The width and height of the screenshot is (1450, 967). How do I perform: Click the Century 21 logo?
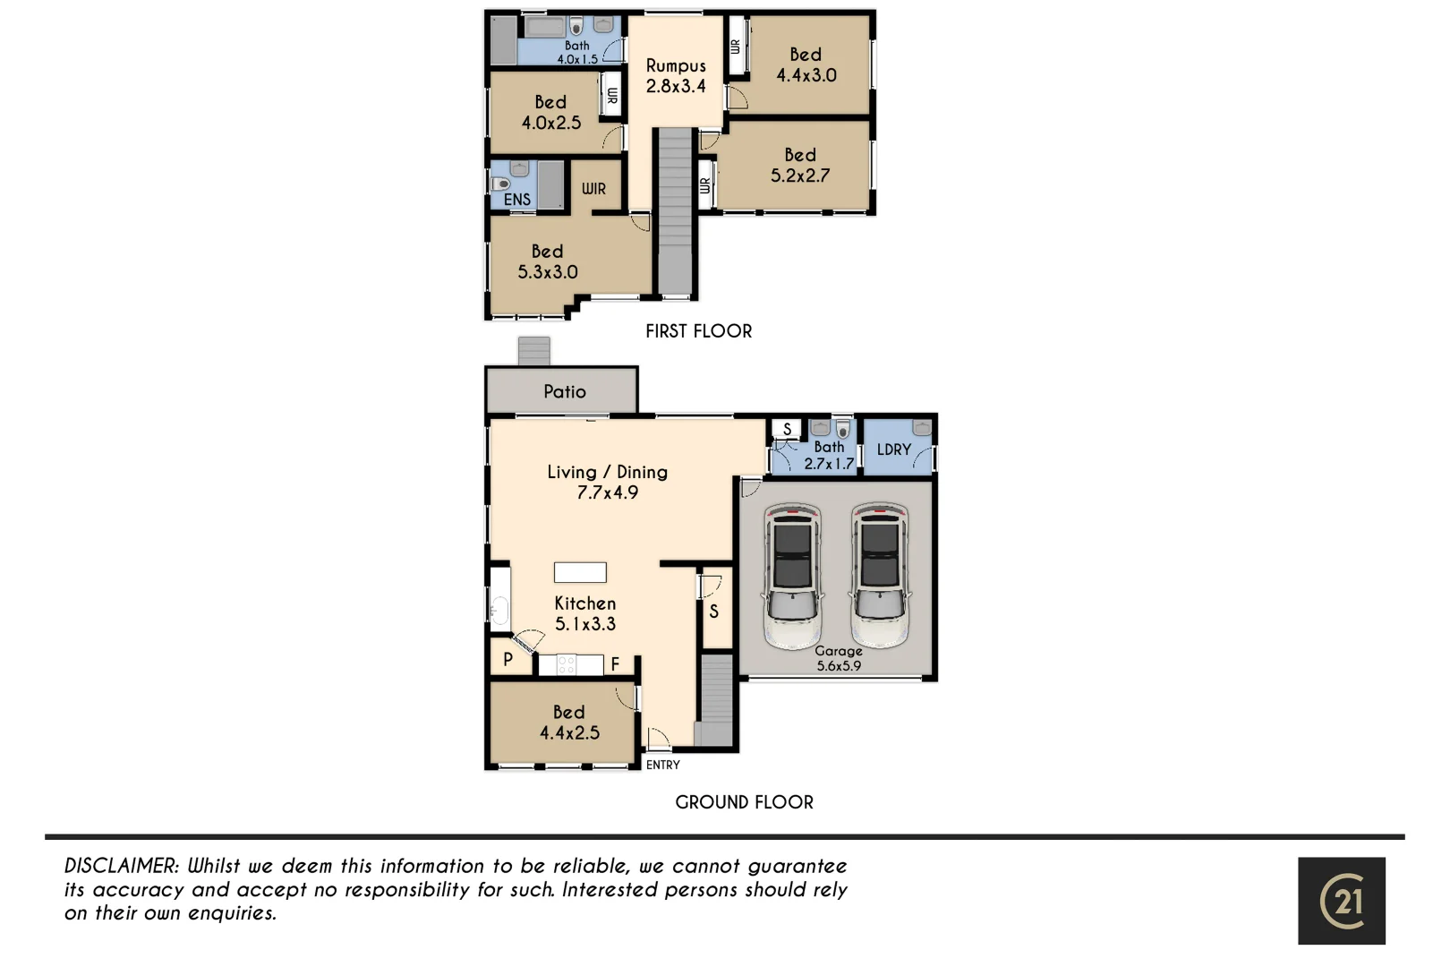point(1341,900)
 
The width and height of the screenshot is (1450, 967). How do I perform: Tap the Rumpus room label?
point(676,76)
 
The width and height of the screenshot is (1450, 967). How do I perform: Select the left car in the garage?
point(793,575)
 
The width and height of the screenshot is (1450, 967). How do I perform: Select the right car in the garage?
point(880,575)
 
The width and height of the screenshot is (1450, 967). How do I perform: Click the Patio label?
point(564,391)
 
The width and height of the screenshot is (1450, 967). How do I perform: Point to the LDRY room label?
point(893,449)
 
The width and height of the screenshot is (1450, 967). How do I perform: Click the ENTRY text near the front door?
point(663,765)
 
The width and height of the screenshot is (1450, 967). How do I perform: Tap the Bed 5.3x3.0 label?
point(547,261)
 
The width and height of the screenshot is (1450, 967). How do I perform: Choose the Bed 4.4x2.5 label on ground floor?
point(569,723)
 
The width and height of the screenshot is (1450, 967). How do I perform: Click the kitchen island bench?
point(580,572)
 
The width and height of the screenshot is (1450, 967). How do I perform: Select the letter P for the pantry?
point(507,660)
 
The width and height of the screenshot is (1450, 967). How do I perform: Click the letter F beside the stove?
point(615,664)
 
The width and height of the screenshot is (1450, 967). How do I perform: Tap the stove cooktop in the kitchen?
point(566,664)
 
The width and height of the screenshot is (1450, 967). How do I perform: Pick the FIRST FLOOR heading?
point(698,331)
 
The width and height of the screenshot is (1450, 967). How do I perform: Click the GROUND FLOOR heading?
point(744,802)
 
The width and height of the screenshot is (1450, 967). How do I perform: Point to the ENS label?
point(516,200)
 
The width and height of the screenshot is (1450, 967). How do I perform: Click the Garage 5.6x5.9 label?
point(838,658)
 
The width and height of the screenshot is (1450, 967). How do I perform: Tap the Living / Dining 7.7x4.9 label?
point(607,482)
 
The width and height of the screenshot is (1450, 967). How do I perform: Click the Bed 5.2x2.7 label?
point(799,166)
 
